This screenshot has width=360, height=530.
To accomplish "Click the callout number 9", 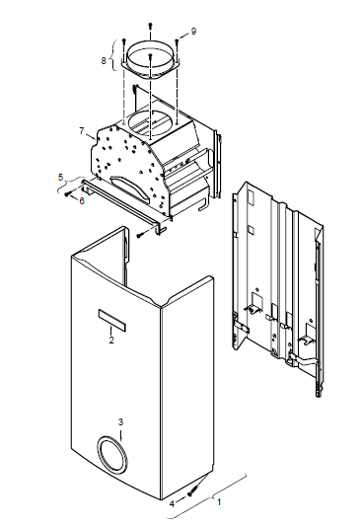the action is coord(193,32).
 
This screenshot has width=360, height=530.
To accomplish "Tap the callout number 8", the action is coord(104,60).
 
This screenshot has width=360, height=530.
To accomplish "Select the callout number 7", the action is coord(82,130).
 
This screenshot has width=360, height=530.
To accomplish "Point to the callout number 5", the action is coord(61,177).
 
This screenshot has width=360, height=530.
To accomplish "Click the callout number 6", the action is coord(82,200).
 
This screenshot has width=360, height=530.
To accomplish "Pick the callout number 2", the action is coord(111,341).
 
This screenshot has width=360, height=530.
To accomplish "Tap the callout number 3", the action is coord(120,421).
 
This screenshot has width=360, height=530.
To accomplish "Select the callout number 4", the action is coord(172,504).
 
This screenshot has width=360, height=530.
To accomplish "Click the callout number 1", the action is coord(219,502).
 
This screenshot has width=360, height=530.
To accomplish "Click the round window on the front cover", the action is coord(112,454).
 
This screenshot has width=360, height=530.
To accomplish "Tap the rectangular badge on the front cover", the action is coord(112,320).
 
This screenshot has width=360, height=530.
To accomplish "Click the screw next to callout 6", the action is coord(68,193).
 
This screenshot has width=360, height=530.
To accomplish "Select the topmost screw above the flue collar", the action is coord(151,25).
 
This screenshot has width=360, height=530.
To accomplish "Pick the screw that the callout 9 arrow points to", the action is coord(177,41).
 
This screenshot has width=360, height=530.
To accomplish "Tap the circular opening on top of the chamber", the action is coord(153,124).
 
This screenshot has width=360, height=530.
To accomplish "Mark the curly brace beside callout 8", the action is coord(116,55).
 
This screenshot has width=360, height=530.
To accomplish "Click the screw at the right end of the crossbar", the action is coord(140,235).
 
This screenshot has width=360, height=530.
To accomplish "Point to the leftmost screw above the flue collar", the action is coord(124,41).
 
